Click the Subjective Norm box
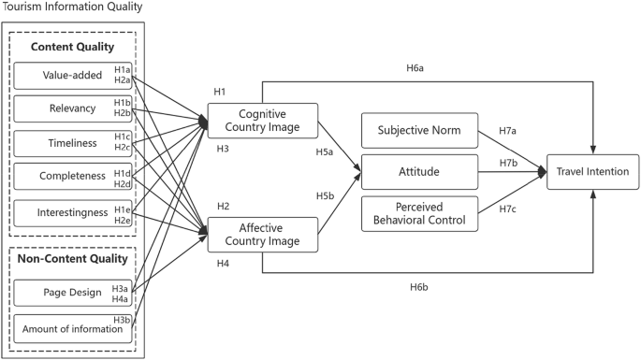(x=419, y=130)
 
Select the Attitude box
(x=419, y=172)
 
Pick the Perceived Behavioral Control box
(x=419, y=214)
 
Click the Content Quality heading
(x=72, y=46)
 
